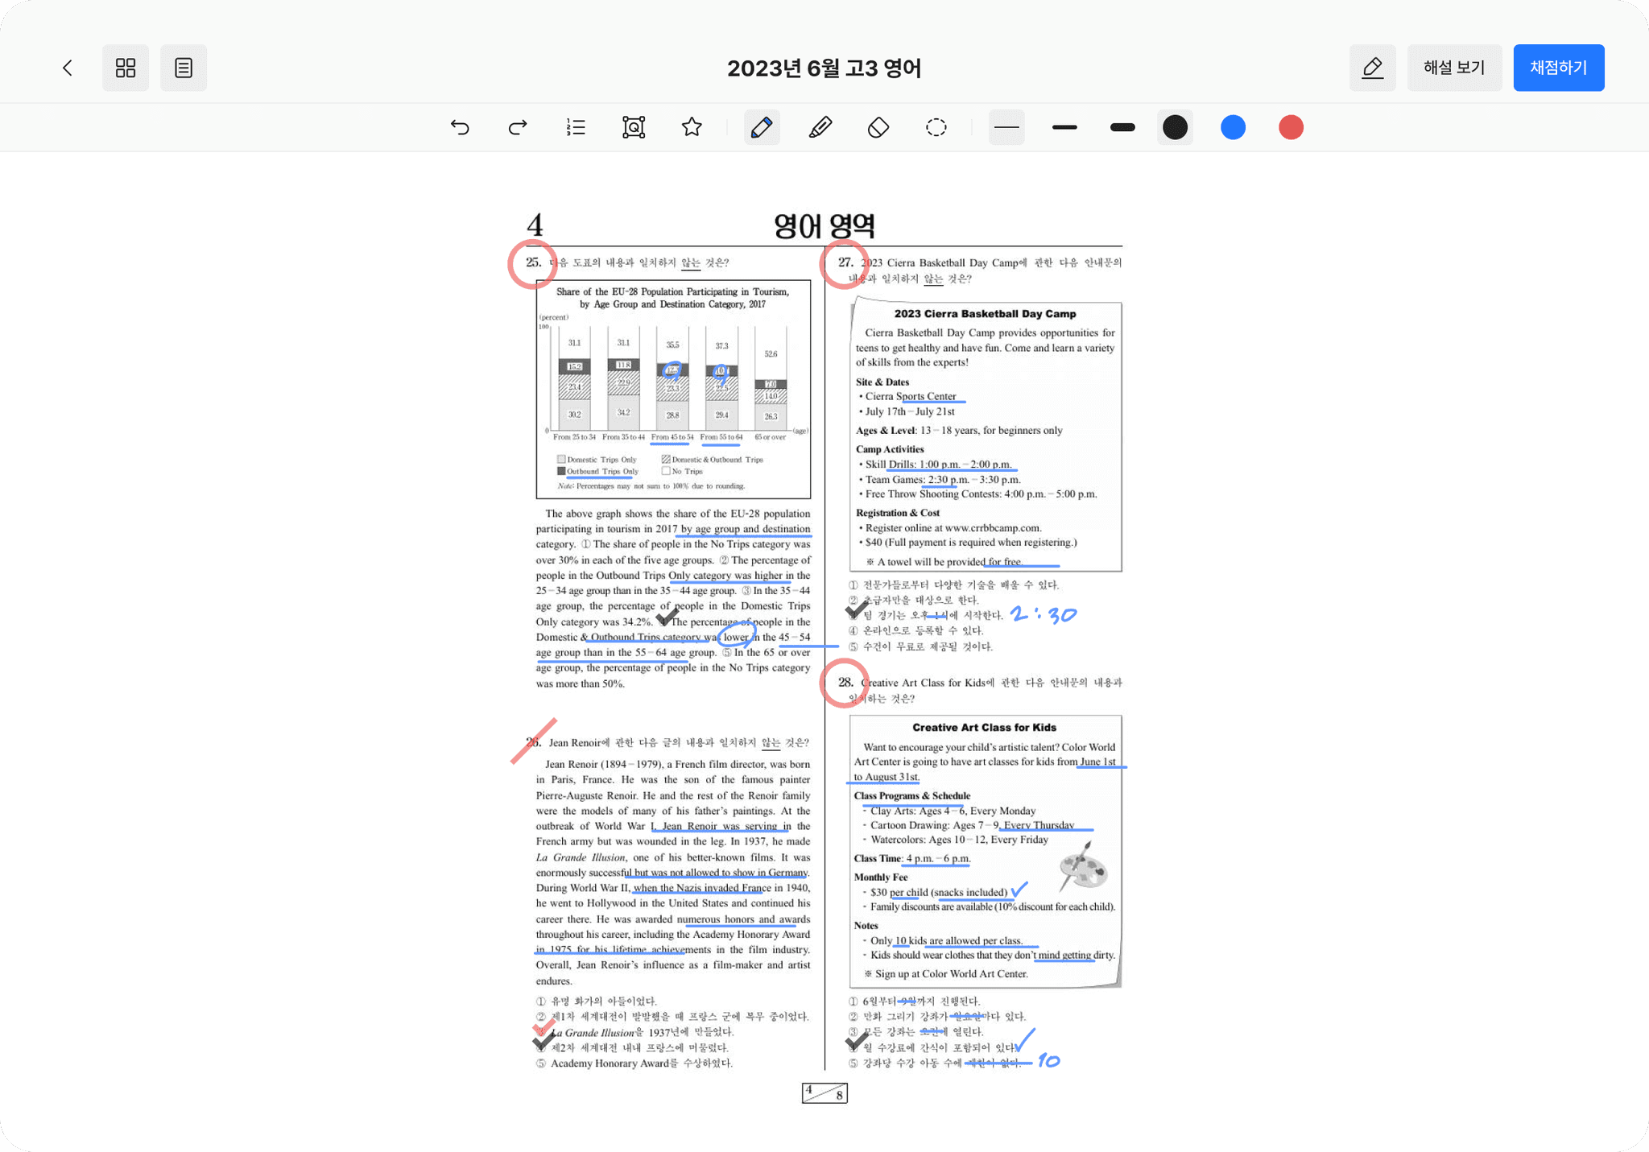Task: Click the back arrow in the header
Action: coord(68,68)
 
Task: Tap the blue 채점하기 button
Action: coord(1558,68)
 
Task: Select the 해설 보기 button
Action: coord(1453,68)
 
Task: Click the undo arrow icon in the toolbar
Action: coord(460,127)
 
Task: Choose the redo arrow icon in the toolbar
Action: coord(518,127)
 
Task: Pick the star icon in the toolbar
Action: coord(692,127)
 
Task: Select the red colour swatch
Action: coord(1291,127)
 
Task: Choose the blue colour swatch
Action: coord(1233,127)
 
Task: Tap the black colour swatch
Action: coord(1175,127)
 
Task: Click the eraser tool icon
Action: coord(878,127)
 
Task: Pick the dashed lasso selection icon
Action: coord(936,127)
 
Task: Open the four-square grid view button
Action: coord(126,68)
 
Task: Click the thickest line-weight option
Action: coord(1122,127)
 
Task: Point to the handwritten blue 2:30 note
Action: coord(1044,615)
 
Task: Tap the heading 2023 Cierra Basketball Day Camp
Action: coord(985,314)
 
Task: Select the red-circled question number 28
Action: coord(844,683)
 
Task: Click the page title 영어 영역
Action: coord(824,226)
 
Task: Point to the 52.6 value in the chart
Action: coord(771,354)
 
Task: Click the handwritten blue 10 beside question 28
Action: coord(1048,1061)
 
